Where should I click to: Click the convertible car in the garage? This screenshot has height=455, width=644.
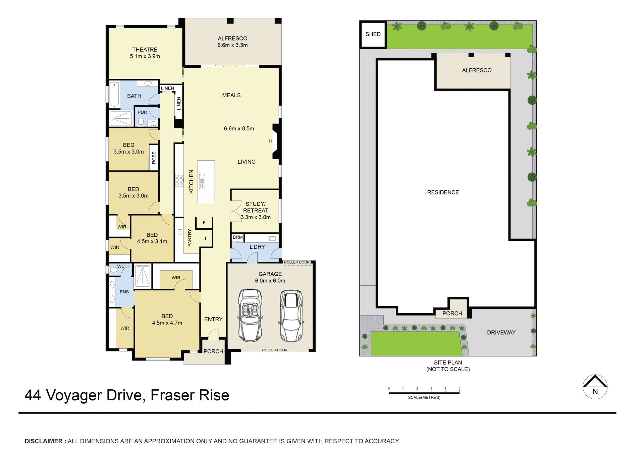point(250,316)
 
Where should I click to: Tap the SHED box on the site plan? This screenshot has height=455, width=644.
point(373,34)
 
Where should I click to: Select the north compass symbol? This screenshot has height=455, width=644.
point(595,387)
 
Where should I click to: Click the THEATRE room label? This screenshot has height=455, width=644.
point(145,50)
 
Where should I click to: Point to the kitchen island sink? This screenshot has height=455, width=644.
point(202,181)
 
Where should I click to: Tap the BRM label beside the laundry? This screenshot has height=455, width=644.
point(238,237)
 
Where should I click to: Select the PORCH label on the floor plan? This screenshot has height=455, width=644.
point(213,351)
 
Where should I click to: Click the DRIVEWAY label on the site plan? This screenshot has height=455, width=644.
point(501,333)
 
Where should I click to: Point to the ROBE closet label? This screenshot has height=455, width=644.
point(154,158)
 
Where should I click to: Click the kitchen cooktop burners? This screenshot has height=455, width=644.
point(179,179)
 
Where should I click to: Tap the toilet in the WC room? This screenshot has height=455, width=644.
point(113,269)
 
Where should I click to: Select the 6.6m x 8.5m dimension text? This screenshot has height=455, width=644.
point(239,128)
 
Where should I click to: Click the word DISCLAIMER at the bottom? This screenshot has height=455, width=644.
point(44,441)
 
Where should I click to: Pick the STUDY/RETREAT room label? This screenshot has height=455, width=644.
point(256,207)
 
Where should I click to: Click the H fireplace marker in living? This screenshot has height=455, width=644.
point(271,141)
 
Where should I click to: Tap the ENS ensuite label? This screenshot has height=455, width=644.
point(124,292)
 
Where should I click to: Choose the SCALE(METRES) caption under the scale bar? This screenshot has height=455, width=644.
point(424,398)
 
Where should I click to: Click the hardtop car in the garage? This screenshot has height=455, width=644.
point(291,315)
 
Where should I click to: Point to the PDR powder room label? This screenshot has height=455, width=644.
point(142,112)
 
